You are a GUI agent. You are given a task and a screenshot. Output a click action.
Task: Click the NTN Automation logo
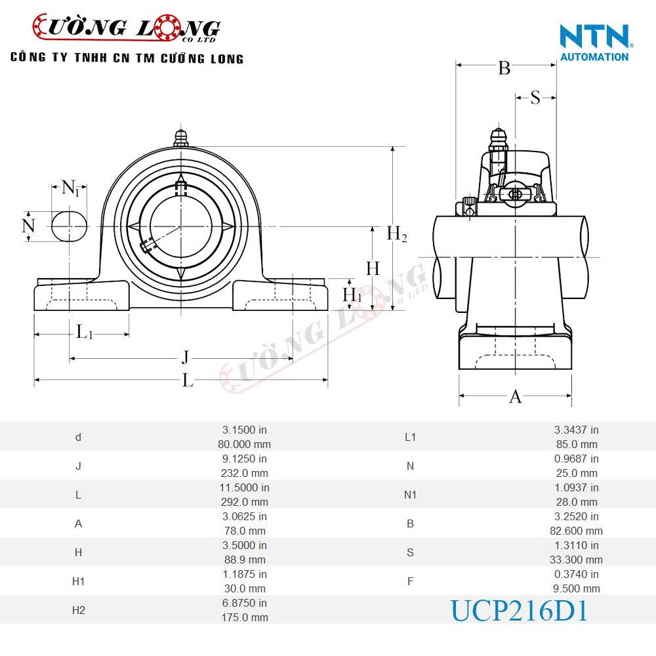594,42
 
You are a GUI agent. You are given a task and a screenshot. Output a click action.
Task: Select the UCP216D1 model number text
518,611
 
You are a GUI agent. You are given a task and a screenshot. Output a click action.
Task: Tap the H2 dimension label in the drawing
396,234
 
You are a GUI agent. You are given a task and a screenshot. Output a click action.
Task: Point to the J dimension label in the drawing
186,358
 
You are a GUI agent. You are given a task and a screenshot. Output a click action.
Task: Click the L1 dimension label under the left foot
85,332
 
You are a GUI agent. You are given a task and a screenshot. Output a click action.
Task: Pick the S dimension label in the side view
535,98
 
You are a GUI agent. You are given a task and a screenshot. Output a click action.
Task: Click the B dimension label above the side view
504,68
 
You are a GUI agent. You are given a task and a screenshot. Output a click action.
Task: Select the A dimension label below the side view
516,397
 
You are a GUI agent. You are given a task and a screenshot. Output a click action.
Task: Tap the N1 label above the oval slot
70,188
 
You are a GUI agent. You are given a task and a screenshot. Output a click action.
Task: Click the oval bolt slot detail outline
70,226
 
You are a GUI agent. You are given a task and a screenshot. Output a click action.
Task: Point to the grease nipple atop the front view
181,138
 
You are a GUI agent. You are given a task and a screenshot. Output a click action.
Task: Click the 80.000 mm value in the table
244,444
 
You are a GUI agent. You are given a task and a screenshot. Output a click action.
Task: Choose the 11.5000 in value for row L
244,487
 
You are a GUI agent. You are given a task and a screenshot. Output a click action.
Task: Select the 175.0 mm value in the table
244,617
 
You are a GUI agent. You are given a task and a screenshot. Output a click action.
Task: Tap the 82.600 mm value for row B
576,531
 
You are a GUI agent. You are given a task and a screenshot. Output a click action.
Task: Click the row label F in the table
410,581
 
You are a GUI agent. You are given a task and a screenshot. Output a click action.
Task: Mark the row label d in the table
78,437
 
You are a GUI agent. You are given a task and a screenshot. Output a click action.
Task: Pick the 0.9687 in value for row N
576,459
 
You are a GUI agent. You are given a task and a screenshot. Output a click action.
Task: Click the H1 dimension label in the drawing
352,295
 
